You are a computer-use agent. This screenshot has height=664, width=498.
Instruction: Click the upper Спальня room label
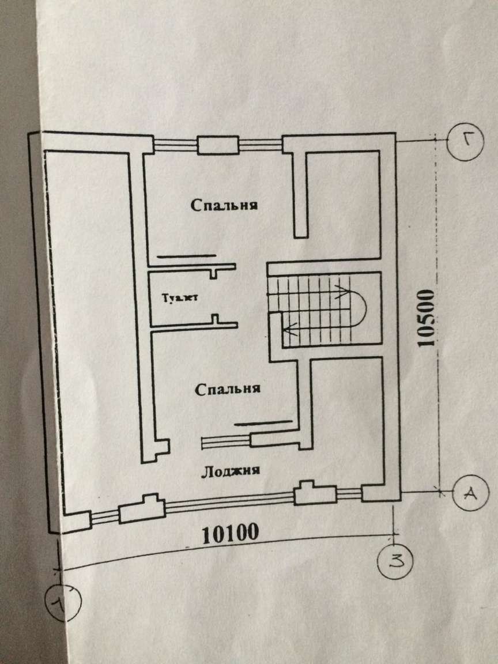[x=224, y=205]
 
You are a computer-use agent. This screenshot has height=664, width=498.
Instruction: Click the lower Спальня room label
[x=228, y=389]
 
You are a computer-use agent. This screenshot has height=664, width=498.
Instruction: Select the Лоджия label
[x=231, y=470]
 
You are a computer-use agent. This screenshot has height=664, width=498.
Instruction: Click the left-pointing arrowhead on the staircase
[x=286, y=330]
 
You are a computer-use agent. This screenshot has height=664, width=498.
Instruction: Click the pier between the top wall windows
[x=218, y=145]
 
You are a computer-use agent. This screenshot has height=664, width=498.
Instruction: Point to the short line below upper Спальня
[x=187, y=255]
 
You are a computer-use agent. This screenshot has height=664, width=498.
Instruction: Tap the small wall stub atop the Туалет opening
[x=214, y=271]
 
